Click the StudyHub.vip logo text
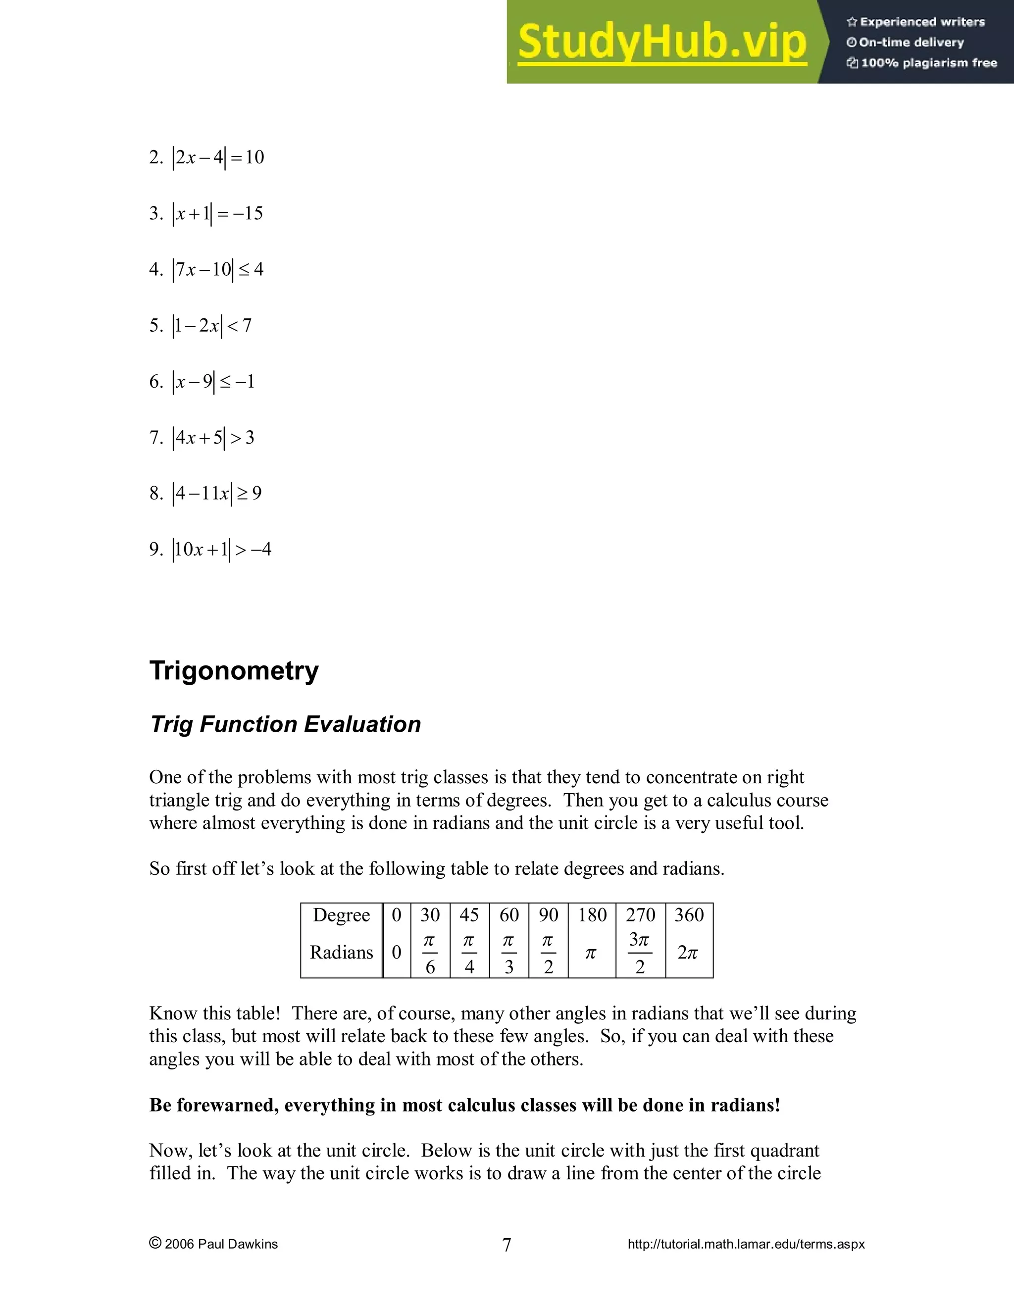pos(661,42)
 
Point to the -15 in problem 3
pos(248,213)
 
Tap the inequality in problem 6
pos(214,381)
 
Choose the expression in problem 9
pos(222,549)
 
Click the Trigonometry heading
pos(234,670)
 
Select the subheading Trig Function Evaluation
pos(285,724)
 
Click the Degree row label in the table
pos(341,915)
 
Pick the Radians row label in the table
pos(341,952)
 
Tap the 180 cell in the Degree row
pos(592,915)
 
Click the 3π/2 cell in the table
pos(640,953)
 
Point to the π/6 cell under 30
pos(430,953)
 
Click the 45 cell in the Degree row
pos(469,915)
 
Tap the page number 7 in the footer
pos(507,1245)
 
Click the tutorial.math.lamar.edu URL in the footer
pos(746,1244)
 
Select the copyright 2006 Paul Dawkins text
pos(214,1244)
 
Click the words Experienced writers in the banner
pos(922,22)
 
